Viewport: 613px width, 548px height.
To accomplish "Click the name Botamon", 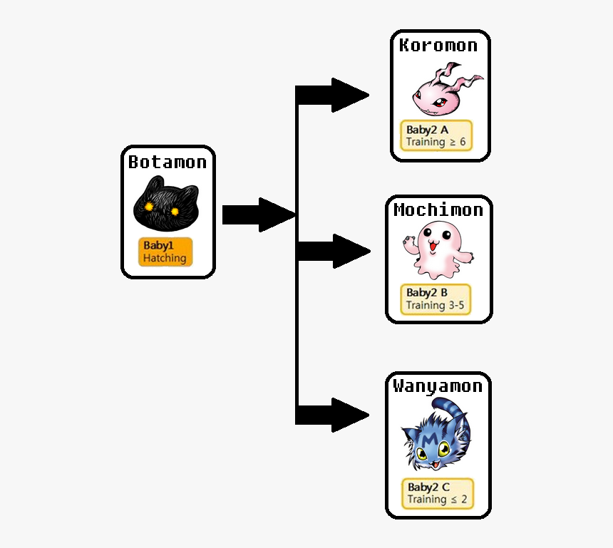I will click(x=168, y=162).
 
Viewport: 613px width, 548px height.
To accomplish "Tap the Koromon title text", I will click(x=438, y=46).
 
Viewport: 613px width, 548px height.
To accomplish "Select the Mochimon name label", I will click(x=438, y=210).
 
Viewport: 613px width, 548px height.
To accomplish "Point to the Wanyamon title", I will click(x=438, y=386).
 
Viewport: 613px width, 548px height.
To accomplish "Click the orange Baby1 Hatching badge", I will click(x=165, y=252).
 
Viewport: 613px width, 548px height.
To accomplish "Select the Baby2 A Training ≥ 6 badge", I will click(x=436, y=135).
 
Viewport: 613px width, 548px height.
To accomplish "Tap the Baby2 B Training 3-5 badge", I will click(x=436, y=299).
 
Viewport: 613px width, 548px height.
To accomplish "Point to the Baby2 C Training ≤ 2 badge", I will click(x=438, y=493).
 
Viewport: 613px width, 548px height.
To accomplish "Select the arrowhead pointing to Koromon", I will click(x=349, y=95).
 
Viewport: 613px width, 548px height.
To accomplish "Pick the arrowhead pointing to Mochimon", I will click(x=349, y=251).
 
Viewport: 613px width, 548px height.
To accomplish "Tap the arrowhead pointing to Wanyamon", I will click(x=349, y=415).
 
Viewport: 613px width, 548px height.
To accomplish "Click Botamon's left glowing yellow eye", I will click(x=149, y=207).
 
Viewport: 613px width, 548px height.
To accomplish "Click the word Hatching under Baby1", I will click(x=165, y=258).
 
